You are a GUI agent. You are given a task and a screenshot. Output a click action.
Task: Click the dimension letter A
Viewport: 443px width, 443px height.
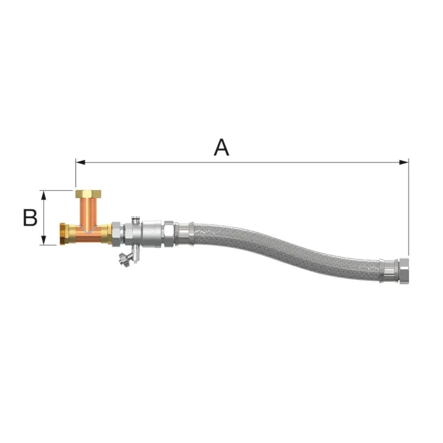point(221,147)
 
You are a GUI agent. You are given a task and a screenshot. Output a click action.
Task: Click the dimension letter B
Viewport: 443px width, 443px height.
point(30,218)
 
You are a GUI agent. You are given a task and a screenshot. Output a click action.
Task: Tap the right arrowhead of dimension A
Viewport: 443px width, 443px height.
point(404,162)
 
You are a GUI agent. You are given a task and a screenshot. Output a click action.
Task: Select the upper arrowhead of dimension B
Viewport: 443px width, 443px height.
point(43,195)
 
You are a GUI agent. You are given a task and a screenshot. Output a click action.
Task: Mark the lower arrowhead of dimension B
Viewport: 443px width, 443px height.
point(43,240)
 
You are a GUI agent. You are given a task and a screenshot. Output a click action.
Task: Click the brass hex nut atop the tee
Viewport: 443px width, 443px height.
point(88,194)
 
